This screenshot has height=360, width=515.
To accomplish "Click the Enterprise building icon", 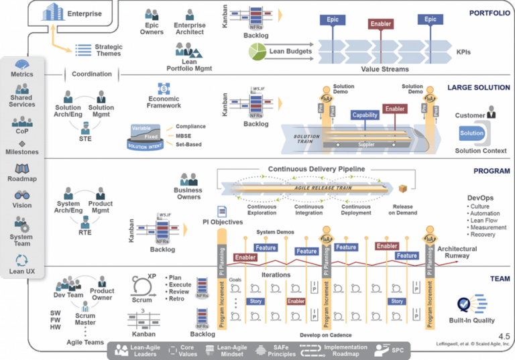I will [56, 12].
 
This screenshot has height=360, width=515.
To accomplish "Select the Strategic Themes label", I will [108, 50].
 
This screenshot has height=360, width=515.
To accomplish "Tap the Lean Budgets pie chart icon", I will [257, 50].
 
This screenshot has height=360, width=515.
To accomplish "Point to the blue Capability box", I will [365, 115].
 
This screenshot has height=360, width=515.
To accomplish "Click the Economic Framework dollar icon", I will [164, 88].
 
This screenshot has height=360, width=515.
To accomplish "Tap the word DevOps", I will [481, 198].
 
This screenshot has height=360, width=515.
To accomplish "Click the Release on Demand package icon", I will [403, 190].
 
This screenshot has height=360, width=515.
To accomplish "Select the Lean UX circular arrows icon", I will [21, 259].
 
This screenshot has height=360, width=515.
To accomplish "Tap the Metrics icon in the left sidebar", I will [21, 64].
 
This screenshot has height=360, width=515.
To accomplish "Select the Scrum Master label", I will [85, 318].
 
